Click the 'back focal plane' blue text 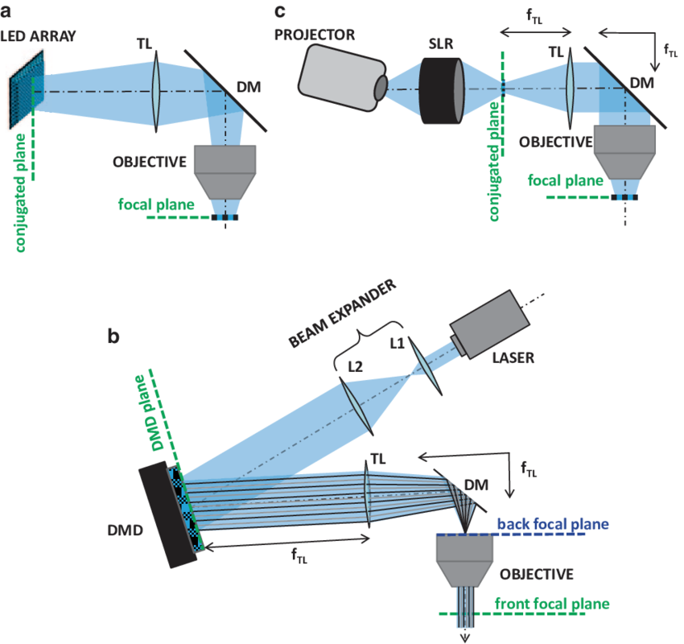[x=553, y=525]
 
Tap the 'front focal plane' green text [x=550, y=603]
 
